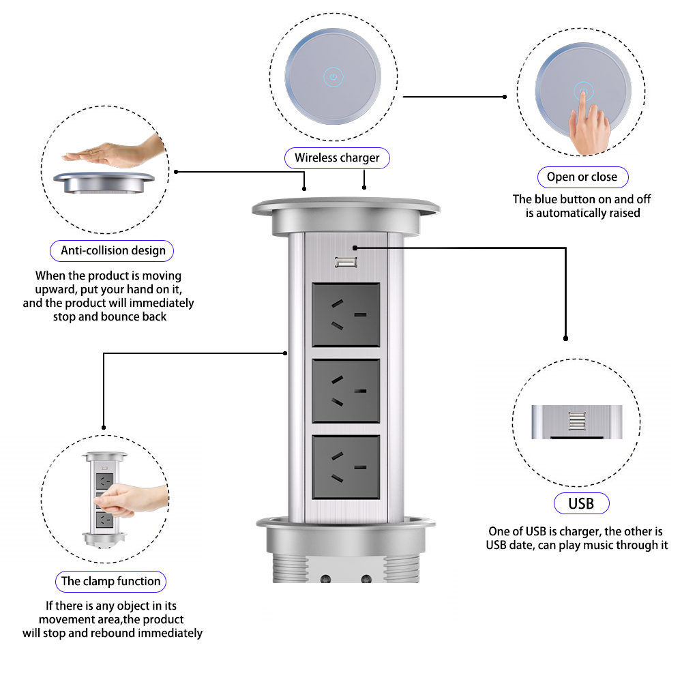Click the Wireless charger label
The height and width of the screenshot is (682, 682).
[x=337, y=158]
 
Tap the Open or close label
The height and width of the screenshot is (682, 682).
[x=582, y=177]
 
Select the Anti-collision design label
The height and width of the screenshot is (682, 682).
[x=113, y=250]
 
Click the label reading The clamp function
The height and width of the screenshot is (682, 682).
[x=111, y=582]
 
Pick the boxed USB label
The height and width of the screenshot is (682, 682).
[x=581, y=504]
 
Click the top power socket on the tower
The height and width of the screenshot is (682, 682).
[x=346, y=315]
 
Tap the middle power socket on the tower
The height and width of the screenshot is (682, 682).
[x=346, y=391]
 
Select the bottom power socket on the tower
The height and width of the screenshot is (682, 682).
[x=346, y=468]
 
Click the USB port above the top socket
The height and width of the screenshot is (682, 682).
[x=343, y=262]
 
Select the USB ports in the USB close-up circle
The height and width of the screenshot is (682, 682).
[x=577, y=422]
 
